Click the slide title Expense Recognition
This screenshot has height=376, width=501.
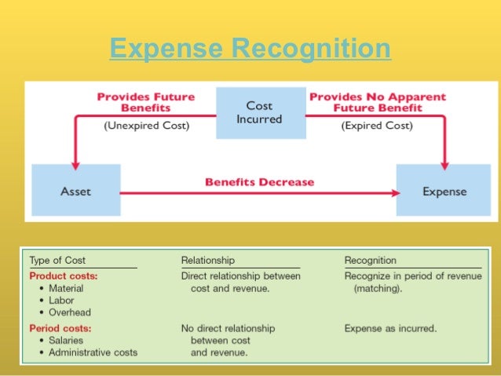click(x=250, y=49)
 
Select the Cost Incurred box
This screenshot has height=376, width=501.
click(x=259, y=113)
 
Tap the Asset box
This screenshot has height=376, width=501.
click(x=76, y=191)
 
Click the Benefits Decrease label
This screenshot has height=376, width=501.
click(x=259, y=182)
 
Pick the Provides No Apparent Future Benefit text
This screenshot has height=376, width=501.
click(x=378, y=102)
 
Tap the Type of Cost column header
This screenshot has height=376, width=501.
click(x=57, y=260)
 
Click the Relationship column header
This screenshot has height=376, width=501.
click(x=207, y=260)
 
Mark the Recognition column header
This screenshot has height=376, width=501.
click(x=371, y=260)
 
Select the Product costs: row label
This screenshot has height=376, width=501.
click(x=63, y=276)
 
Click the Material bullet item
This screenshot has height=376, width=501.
click(x=66, y=289)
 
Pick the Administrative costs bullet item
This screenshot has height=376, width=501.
click(x=93, y=352)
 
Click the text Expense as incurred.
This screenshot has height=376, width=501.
click(x=391, y=327)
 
